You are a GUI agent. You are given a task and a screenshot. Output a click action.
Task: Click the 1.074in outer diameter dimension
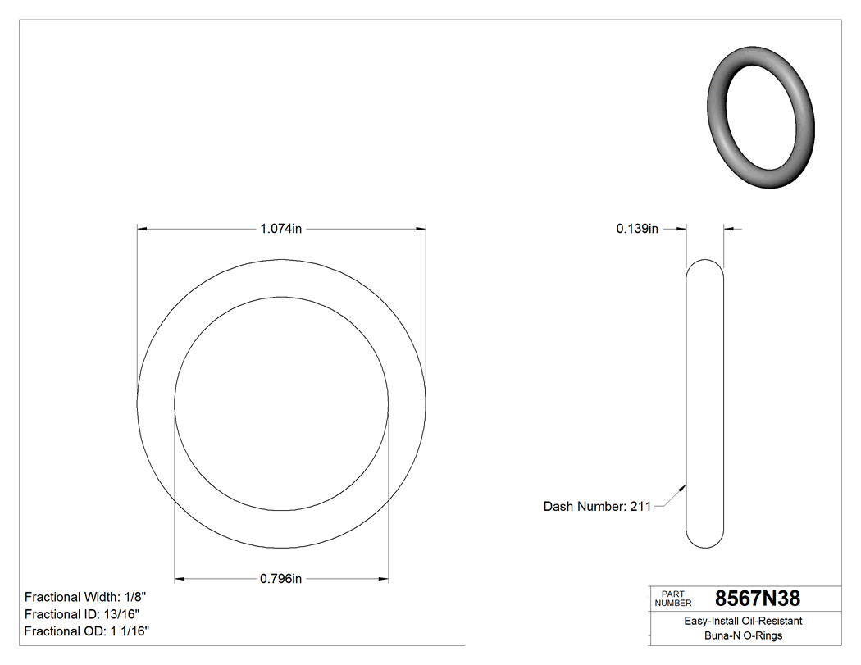(281, 230)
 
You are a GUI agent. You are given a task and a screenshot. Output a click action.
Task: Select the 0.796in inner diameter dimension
(281, 579)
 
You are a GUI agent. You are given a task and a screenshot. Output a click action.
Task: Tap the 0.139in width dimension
(637, 230)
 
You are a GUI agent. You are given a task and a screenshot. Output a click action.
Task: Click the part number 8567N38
(757, 599)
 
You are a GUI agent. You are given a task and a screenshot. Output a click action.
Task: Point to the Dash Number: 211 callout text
(597, 507)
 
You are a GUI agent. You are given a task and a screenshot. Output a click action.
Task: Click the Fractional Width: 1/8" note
(86, 597)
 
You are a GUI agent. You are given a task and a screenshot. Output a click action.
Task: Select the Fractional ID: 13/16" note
(82, 614)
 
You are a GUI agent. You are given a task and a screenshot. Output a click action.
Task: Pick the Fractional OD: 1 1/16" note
(87, 631)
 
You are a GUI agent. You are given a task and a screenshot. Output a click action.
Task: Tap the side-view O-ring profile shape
(705, 403)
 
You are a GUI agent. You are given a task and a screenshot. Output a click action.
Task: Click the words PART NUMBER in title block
(673, 599)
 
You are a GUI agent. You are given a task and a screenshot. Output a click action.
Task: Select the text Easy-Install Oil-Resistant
(743, 622)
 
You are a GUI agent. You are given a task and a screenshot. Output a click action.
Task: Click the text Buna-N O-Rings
(743, 636)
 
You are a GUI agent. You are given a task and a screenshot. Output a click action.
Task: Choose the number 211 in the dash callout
(640, 507)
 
